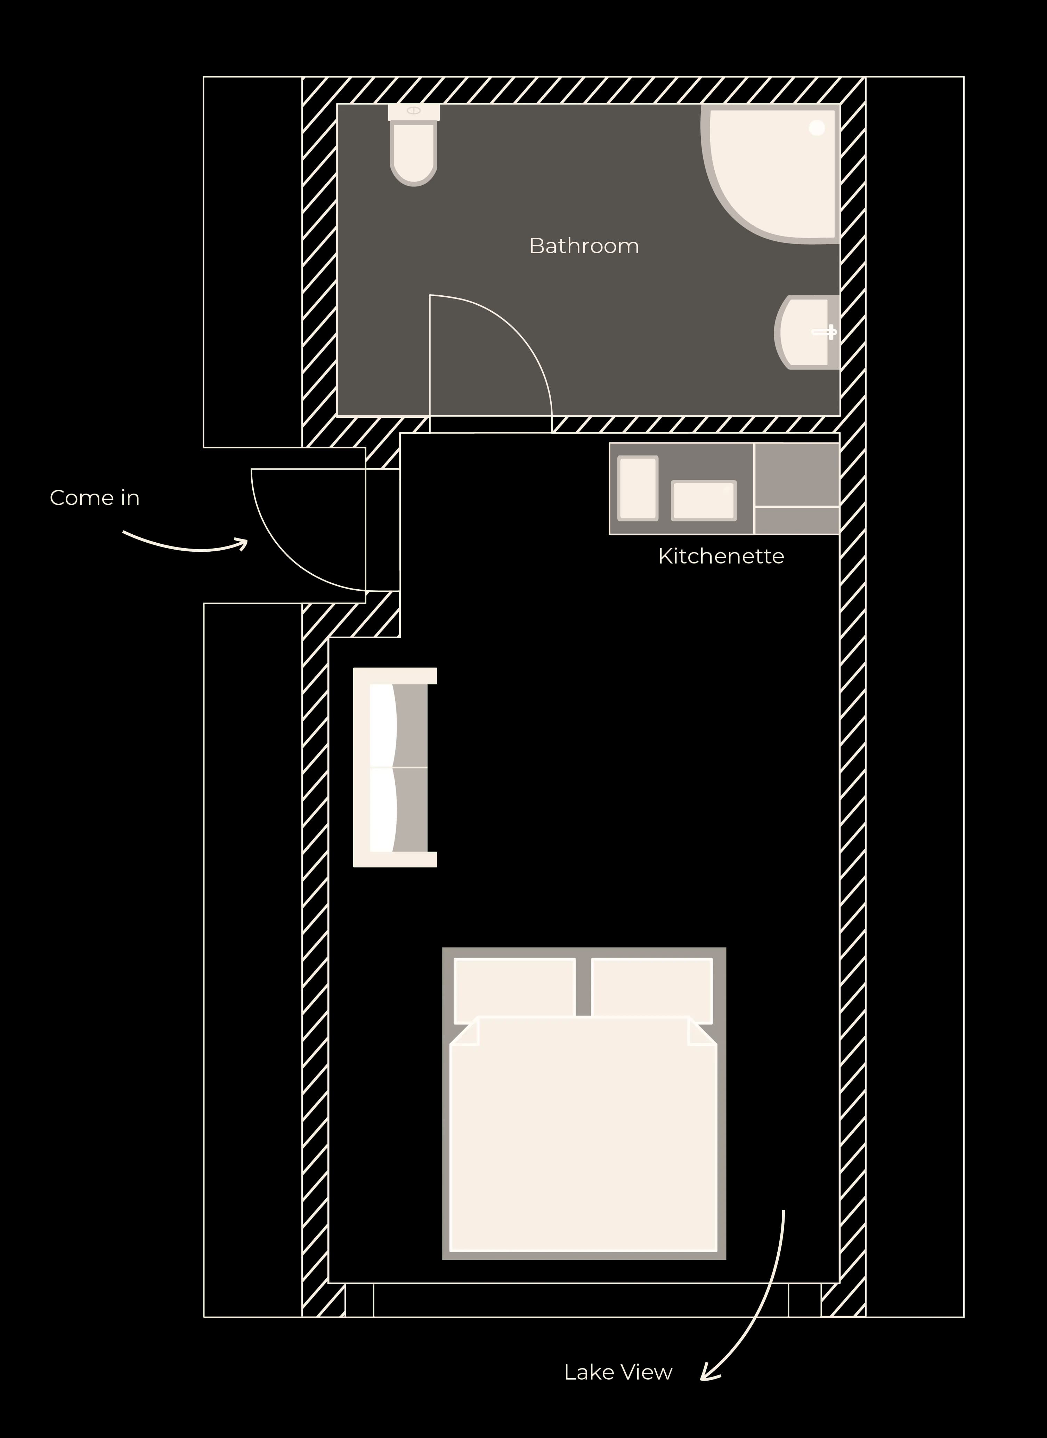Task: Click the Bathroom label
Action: tap(584, 246)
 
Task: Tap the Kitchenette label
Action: tap(721, 556)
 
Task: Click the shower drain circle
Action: tap(817, 127)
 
